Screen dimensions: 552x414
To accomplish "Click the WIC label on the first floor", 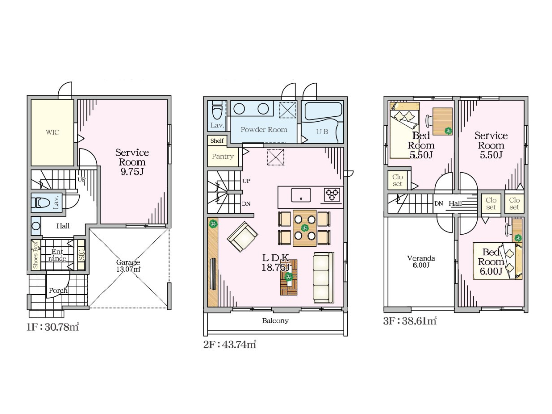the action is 52,132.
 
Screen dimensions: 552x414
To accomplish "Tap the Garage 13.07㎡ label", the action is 128,266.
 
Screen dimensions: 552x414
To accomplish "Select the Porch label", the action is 58,291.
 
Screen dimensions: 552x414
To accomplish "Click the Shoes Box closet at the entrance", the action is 35,255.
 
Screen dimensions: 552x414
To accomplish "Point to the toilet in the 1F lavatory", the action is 41,203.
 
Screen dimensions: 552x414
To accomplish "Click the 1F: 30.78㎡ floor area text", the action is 53,327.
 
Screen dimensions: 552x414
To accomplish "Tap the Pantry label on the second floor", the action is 223,156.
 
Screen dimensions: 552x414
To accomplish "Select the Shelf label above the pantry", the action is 217,141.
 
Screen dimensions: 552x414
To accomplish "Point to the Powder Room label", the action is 263,129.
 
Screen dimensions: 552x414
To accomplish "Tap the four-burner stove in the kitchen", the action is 332,194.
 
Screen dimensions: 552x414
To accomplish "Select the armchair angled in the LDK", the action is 242,236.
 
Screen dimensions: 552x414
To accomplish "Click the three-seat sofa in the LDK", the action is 323,278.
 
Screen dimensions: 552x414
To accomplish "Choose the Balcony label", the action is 275,321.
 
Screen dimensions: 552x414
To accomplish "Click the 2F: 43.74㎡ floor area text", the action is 230,344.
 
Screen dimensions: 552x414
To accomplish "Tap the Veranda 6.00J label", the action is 421,261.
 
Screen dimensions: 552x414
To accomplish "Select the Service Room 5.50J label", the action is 491,145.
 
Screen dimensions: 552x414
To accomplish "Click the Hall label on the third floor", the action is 455,203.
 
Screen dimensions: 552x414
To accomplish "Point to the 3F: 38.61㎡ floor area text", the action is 410,321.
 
